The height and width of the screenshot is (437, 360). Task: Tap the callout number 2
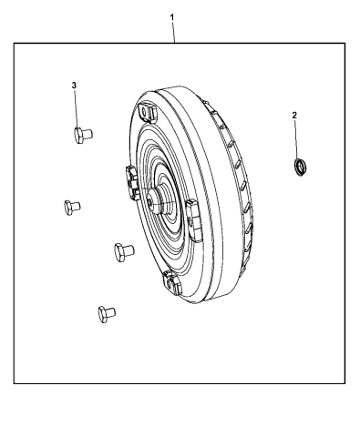click(294, 116)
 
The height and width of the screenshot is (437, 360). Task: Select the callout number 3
click(74, 85)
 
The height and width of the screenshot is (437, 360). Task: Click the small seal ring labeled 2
click(298, 166)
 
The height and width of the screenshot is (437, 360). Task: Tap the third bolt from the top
click(124, 251)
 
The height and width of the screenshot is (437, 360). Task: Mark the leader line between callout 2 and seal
click(296, 138)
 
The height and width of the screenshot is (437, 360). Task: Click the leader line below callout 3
click(77, 107)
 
